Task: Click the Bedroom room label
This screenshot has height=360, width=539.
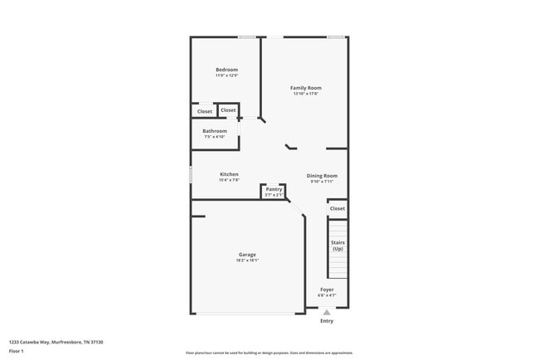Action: coord(226,70)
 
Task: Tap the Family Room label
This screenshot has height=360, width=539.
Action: coord(305,88)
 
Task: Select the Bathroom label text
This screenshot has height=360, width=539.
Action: coord(215,131)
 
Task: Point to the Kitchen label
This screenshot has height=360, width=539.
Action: coord(229,174)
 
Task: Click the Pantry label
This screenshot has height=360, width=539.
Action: coord(274,189)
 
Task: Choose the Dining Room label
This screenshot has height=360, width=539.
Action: coord(322,176)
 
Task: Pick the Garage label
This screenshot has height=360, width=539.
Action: coord(247,255)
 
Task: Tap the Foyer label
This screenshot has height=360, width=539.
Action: coord(327,289)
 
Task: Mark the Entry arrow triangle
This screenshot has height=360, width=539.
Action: coord(327,312)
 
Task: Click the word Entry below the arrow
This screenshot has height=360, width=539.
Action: coord(327,321)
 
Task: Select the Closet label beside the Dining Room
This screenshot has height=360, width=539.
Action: coord(337,208)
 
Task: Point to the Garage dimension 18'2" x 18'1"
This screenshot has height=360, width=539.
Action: coord(247,260)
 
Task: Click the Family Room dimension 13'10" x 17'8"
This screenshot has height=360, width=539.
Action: coord(306,94)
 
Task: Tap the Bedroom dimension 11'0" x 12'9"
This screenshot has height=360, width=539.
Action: coord(226,75)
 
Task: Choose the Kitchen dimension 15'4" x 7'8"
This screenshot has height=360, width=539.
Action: coord(229,180)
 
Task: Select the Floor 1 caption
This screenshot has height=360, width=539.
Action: coord(17,351)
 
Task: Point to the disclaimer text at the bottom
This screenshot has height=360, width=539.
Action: coord(269,353)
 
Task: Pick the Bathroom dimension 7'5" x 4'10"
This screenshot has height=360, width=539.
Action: coord(215,137)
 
